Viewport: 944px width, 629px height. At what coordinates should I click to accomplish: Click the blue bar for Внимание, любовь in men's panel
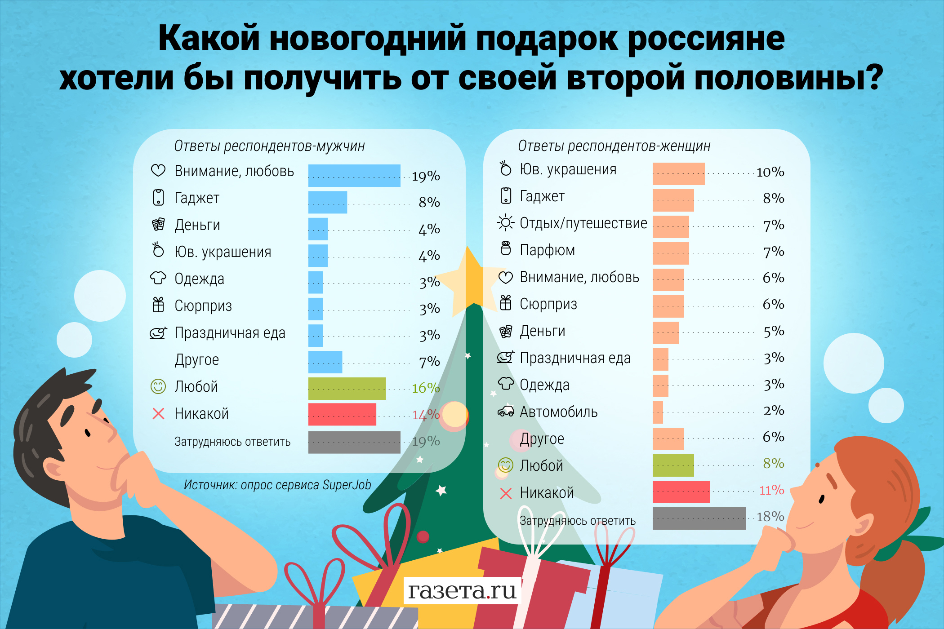[x=354, y=176]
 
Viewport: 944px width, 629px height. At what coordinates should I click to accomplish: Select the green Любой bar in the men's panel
[x=347, y=389]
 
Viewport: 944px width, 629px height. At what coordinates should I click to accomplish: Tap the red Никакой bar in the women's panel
[x=681, y=492]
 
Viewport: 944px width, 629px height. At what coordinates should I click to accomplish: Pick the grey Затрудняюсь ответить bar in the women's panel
[x=699, y=518]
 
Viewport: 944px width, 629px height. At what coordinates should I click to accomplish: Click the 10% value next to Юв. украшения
[x=770, y=172]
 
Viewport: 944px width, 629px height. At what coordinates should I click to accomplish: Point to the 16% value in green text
[x=425, y=388]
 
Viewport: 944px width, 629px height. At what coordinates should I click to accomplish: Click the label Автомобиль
[x=558, y=412]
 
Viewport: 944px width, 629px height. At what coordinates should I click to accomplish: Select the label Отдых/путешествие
[x=583, y=223]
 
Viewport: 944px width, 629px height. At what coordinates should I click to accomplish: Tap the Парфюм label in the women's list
[x=547, y=250]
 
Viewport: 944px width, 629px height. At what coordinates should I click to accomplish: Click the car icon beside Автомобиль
[x=506, y=412]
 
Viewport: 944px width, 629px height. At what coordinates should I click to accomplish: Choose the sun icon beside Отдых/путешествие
[x=506, y=222]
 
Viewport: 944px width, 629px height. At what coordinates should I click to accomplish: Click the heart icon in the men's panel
[x=158, y=171]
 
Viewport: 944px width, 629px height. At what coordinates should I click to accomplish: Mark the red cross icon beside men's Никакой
[x=158, y=413]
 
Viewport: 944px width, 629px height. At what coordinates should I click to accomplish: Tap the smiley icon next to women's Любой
[x=505, y=465]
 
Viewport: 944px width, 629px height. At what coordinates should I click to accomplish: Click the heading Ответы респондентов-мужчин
[x=269, y=146]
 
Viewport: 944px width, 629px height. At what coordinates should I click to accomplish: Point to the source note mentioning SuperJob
[x=277, y=485]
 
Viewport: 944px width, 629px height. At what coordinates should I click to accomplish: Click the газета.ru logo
[x=462, y=590]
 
